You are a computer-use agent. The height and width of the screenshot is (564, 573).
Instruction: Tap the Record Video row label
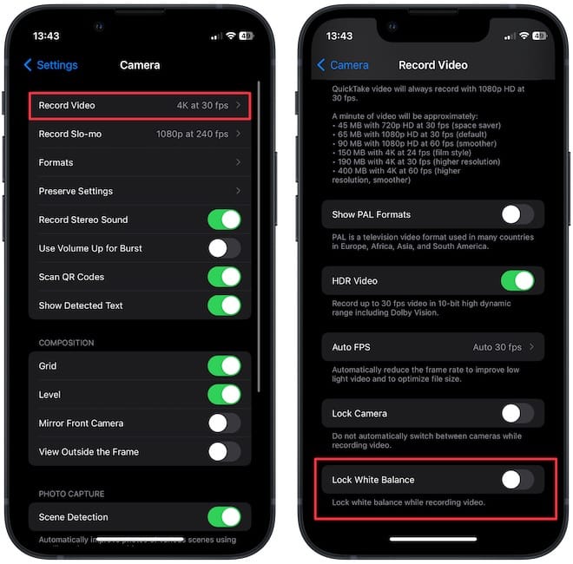click(x=67, y=106)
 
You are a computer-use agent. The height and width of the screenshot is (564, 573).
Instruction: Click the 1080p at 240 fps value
click(x=192, y=134)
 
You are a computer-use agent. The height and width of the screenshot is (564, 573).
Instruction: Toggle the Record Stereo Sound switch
click(x=224, y=220)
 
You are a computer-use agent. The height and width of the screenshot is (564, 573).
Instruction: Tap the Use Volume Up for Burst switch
click(x=224, y=249)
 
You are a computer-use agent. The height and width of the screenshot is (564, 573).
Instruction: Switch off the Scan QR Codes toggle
click(x=224, y=277)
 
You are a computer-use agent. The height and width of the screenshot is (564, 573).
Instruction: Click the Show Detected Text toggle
click(x=224, y=305)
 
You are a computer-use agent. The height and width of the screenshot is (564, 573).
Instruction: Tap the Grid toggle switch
click(x=224, y=366)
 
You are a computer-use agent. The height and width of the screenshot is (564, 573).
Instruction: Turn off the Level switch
click(x=224, y=395)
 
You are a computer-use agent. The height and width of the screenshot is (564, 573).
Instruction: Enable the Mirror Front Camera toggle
click(x=224, y=423)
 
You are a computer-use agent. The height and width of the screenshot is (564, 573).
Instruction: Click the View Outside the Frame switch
click(x=224, y=452)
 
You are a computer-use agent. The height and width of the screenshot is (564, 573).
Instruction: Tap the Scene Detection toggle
click(x=224, y=517)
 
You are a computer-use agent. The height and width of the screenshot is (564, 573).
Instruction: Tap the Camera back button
click(x=344, y=65)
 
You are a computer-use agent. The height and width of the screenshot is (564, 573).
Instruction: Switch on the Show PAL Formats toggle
click(x=517, y=214)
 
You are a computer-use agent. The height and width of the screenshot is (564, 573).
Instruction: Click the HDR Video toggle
click(x=517, y=280)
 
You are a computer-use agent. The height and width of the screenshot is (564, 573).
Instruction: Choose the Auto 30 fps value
click(x=497, y=347)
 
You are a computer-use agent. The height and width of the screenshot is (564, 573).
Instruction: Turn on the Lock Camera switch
click(x=517, y=414)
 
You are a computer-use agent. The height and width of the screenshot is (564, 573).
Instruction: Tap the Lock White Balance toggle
click(x=517, y=479)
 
